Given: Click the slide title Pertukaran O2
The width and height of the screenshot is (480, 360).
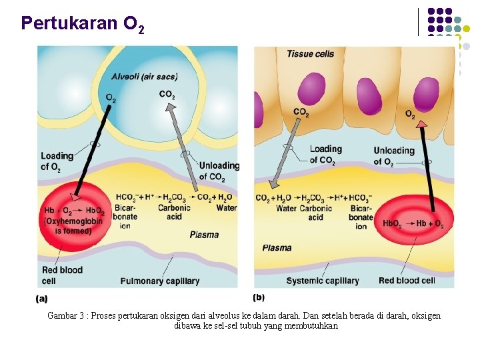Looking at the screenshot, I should [81, 25].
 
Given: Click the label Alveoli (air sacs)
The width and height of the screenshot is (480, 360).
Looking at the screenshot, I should [145, 77].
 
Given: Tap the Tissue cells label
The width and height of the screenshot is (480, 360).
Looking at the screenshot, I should [310, 53].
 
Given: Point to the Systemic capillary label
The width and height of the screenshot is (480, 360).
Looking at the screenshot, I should [322, 281].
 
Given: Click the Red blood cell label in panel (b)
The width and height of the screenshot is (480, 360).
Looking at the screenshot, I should [407, 281].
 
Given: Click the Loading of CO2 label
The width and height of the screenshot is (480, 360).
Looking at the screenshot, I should [325, 155].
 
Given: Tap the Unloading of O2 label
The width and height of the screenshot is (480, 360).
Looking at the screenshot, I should [394, 156].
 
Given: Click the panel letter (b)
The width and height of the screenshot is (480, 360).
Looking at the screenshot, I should [259, 297].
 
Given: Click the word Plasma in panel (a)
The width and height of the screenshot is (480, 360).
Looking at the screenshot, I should [204, 235].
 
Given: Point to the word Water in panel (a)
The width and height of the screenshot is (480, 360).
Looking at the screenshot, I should [226, 208].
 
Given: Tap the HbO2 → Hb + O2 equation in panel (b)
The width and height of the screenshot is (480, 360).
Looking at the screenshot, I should [413, 224].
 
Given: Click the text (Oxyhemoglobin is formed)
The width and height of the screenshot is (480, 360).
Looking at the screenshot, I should [73, 226].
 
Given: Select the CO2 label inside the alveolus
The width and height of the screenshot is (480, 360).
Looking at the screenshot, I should [167, 95].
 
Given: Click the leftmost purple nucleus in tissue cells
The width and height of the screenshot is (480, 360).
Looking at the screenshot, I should [311, 89].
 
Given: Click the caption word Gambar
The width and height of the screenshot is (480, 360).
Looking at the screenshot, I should [62, 315].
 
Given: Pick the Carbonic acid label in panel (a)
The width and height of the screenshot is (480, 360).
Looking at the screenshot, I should [174, 212].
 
